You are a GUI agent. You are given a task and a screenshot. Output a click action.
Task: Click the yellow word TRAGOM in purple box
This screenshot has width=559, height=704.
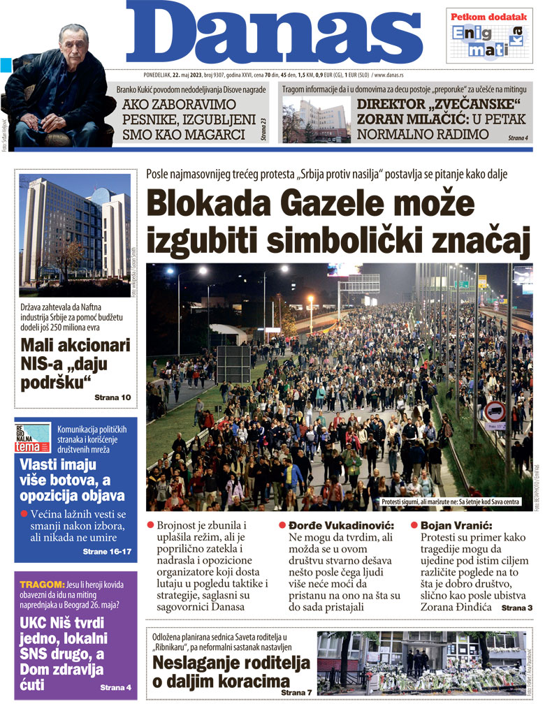tap(41, 584)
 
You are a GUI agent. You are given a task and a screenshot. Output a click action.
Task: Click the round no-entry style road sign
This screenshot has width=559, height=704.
tap(495, 412)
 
